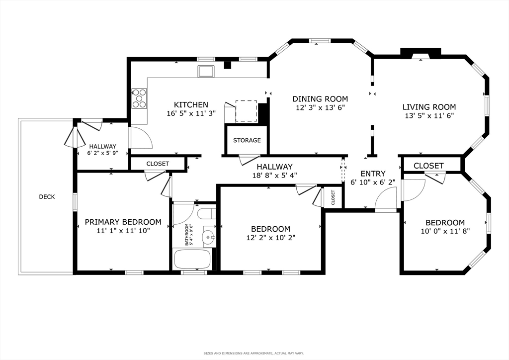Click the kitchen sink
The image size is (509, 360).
coord(206,71)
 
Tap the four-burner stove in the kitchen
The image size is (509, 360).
coord(139,98)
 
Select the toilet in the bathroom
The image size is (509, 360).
coord(206,214)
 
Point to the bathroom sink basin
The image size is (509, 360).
coord(208,237)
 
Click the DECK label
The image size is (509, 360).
coord(47,197)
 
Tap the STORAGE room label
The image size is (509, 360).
coord(247,140)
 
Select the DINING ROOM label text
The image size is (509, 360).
coord(320,99)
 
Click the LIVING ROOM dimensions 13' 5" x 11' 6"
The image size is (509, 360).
coord(429,115)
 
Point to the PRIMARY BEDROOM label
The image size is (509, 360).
coord(123,222)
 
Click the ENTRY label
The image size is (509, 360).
coord(373,174)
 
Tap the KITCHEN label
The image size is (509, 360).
coord(191,105)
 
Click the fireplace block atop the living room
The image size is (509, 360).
coord(421,53)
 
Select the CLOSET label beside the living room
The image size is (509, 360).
coord(428,166)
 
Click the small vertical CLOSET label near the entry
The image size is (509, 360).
coord(333,198)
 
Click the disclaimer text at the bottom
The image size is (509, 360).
coord(254,354)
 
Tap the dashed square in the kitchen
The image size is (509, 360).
coord(246,110)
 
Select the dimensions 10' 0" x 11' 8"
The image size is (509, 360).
coord(445,231)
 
